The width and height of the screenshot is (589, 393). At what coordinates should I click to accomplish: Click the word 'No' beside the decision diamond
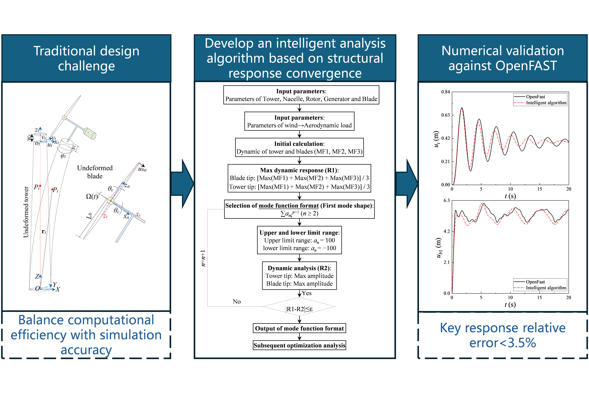tap(237, 302)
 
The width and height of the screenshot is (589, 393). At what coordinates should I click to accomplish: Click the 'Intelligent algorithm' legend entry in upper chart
tap(546, 103)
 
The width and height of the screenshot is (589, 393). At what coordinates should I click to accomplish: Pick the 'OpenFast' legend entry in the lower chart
tap(535, 282)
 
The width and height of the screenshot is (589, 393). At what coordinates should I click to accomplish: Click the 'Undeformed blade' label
tap(95, 172)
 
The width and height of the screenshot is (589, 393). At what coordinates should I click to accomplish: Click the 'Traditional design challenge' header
tap(86, 58)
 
